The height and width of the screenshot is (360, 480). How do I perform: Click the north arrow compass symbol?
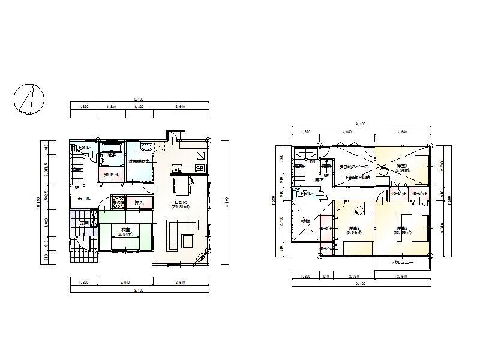tap(29, 97)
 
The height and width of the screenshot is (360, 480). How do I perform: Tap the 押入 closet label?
tap(138, 202)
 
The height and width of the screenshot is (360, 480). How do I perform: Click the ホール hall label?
tap(83, 199)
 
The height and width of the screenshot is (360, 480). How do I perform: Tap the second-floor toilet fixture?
tap(300, 194)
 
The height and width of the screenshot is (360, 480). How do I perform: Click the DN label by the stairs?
tap(312, 162)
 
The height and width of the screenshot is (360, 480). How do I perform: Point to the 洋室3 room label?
tap(353, 228)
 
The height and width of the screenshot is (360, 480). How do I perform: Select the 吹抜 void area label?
tap(305, 221)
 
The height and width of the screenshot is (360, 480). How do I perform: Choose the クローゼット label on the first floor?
tap(111, 175)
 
